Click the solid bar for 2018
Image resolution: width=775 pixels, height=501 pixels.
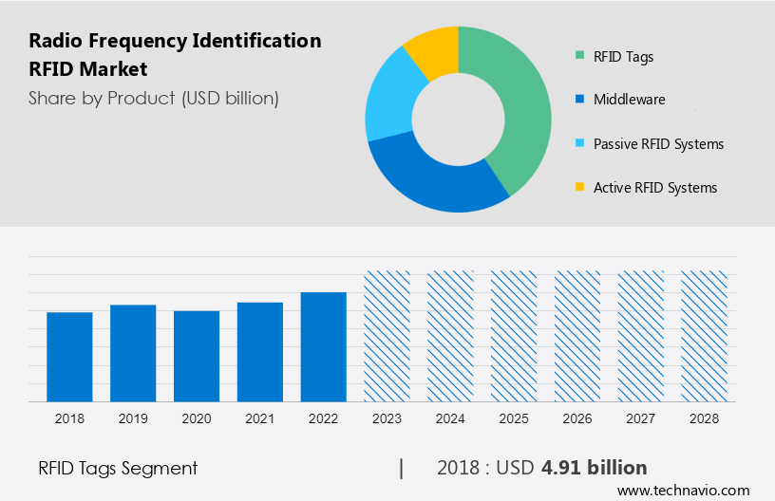coord(69,357)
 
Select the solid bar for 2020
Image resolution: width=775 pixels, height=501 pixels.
coord(197,356)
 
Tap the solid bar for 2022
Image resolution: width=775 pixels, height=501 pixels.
coord(324,346)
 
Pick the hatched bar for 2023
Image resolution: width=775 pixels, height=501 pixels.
coord(387,336)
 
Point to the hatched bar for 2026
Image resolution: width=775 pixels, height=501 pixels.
coord(577,336)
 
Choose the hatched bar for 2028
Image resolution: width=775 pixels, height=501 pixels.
coord(705,336)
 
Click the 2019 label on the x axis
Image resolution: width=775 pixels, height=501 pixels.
coord(133,418)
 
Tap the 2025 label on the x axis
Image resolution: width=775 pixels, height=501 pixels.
coord(514,418)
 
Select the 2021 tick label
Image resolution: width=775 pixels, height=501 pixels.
coord(260,418)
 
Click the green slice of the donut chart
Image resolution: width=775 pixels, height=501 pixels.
coord(518,104)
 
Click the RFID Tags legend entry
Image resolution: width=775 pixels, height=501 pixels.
coord(623,57)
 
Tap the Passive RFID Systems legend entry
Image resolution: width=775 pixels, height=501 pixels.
coord(658,144)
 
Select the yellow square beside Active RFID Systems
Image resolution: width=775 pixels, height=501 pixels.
coord(579,188)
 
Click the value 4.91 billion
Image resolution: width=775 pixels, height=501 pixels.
coord(594,468)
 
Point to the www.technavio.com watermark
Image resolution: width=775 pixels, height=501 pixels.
coord(683,491)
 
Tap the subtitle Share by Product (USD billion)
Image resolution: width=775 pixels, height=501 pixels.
coord(154,99)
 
